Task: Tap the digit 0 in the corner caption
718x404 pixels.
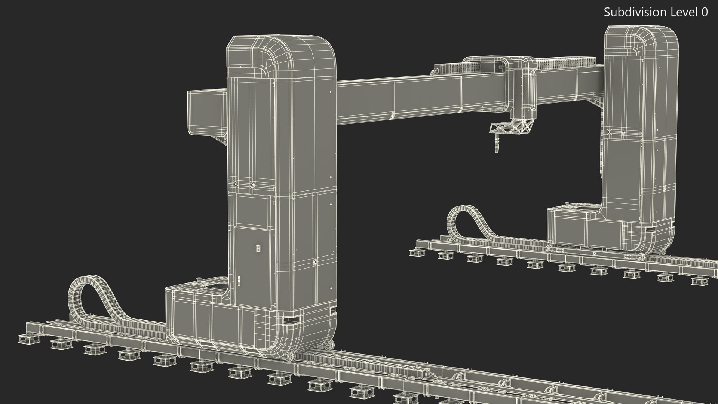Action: click(x=705, y=12)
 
